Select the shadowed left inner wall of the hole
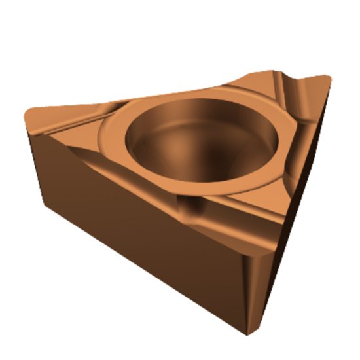[141, 141]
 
